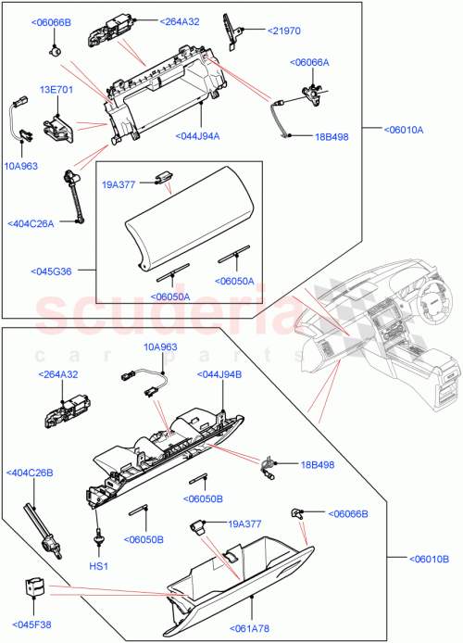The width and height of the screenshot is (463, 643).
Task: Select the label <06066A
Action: coord(310,63)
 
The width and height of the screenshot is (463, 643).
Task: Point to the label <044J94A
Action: coord(196,136)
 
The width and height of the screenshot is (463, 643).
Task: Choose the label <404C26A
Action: coord(31,222)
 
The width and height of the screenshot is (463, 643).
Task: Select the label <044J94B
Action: coord(219,374)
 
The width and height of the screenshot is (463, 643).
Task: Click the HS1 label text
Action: coord(97,565)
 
